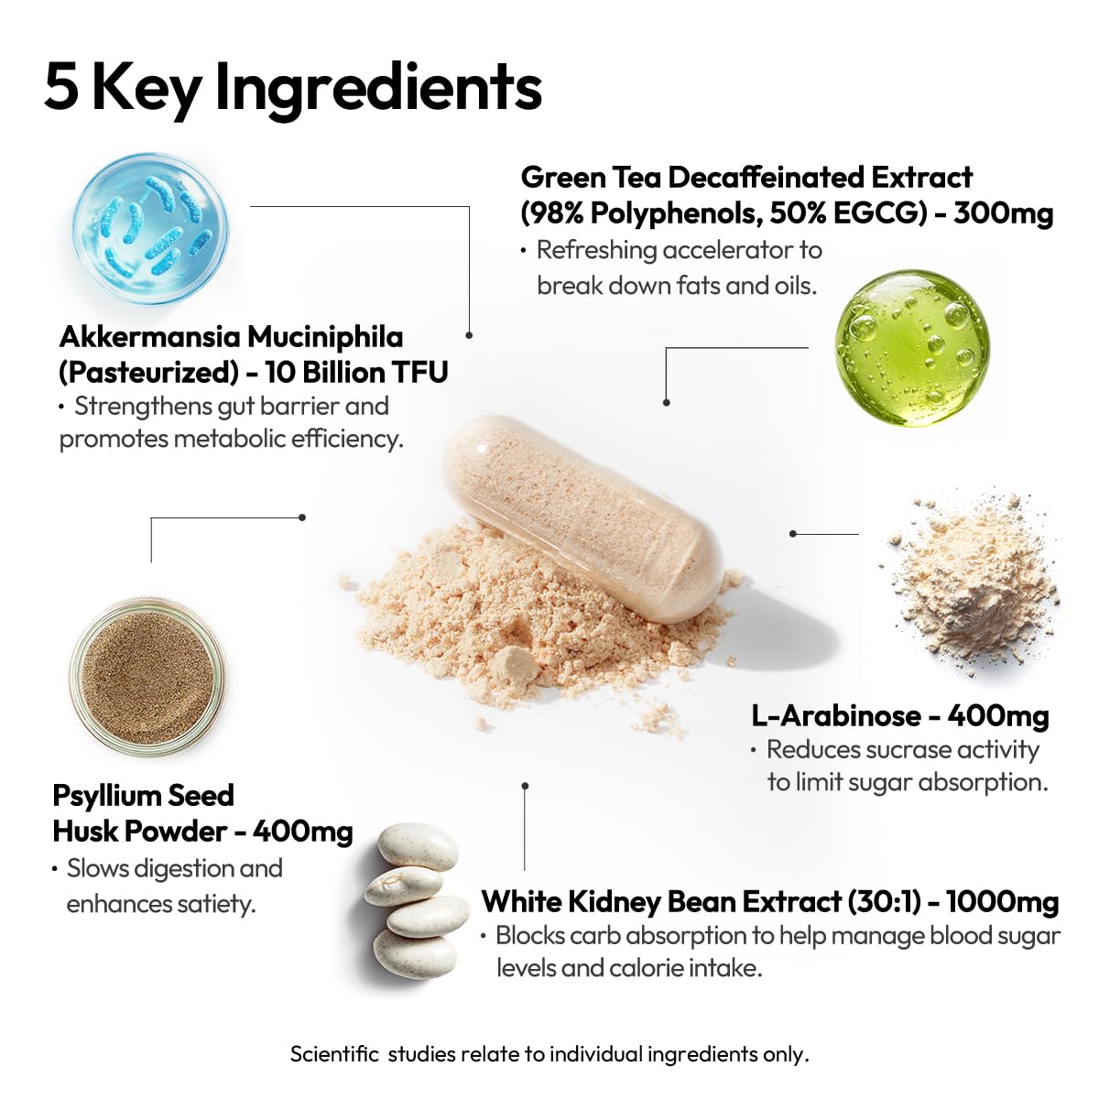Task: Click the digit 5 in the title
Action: coord(61,87)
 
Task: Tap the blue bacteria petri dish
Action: coord(151,229)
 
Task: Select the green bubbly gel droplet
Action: coord(912,348)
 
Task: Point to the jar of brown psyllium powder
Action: coord(147,677)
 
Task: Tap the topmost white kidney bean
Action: coord(418,845)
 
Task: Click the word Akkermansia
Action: coord(149,337)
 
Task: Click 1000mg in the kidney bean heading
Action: coord(1002,902)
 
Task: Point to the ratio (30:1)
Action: coord(884,902)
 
